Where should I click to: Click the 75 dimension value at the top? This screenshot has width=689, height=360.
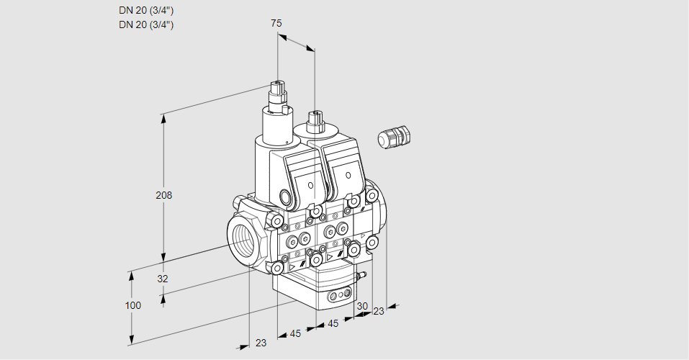pos(276,23)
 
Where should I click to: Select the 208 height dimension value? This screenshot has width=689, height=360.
pos(165,195)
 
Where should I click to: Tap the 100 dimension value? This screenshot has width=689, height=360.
pos(133,305)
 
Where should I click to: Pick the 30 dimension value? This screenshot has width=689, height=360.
pos(362,305)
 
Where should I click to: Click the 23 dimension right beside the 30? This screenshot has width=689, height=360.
pos(378,311)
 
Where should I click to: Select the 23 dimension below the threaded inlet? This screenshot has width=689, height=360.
pos(261,343)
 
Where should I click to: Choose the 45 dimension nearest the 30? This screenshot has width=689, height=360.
pos(333,324)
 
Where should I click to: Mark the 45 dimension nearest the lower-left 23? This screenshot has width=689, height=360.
pos(294,333)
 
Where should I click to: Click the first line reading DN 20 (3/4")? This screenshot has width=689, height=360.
pos(146,10)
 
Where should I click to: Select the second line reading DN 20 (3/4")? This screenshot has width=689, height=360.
pos(146,24)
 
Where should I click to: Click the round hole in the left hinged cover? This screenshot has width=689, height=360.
pos(310,186)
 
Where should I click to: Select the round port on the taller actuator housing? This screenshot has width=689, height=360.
pos(285,197)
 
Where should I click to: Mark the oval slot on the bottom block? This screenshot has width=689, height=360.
pos(338,295)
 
